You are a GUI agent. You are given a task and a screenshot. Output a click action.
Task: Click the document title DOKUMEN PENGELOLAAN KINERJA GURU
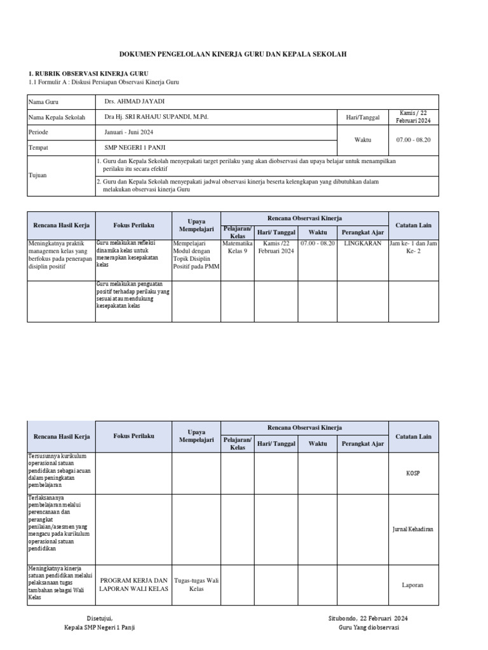pyautogui.click(x=243, y=55)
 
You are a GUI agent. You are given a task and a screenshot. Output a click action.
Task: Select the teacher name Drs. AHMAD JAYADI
pyautogui.click(x=138, y=102)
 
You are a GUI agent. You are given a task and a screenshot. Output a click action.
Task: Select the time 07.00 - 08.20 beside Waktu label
pyautogui.click(x=413, y=140)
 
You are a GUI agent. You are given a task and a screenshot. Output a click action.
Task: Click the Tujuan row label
pyautogui.click(x=38, y=175)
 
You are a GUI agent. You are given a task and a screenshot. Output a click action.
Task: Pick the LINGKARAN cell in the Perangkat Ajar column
pyautogui.click(x=362, y=243)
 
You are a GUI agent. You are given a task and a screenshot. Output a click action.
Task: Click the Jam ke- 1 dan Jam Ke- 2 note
pyautogui.click(x=413, y=247)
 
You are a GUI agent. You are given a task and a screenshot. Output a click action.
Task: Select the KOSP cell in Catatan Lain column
pyautogui.click(x=413, y=474)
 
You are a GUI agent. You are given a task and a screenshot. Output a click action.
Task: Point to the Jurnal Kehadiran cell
pyautogui.click(x=413, y=529)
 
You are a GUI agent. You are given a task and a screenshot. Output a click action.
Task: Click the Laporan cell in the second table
pyautogui.click(x=413, y=585)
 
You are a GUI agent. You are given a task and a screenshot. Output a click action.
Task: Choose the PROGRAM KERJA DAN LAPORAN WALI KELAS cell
pyautogui.click(x=133, y=585)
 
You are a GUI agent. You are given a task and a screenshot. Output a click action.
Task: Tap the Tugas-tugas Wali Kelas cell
pyautogui.click(x=196, y=585)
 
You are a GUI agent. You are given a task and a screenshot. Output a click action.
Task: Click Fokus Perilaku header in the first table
pyautogui.click(x=133, y=225)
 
